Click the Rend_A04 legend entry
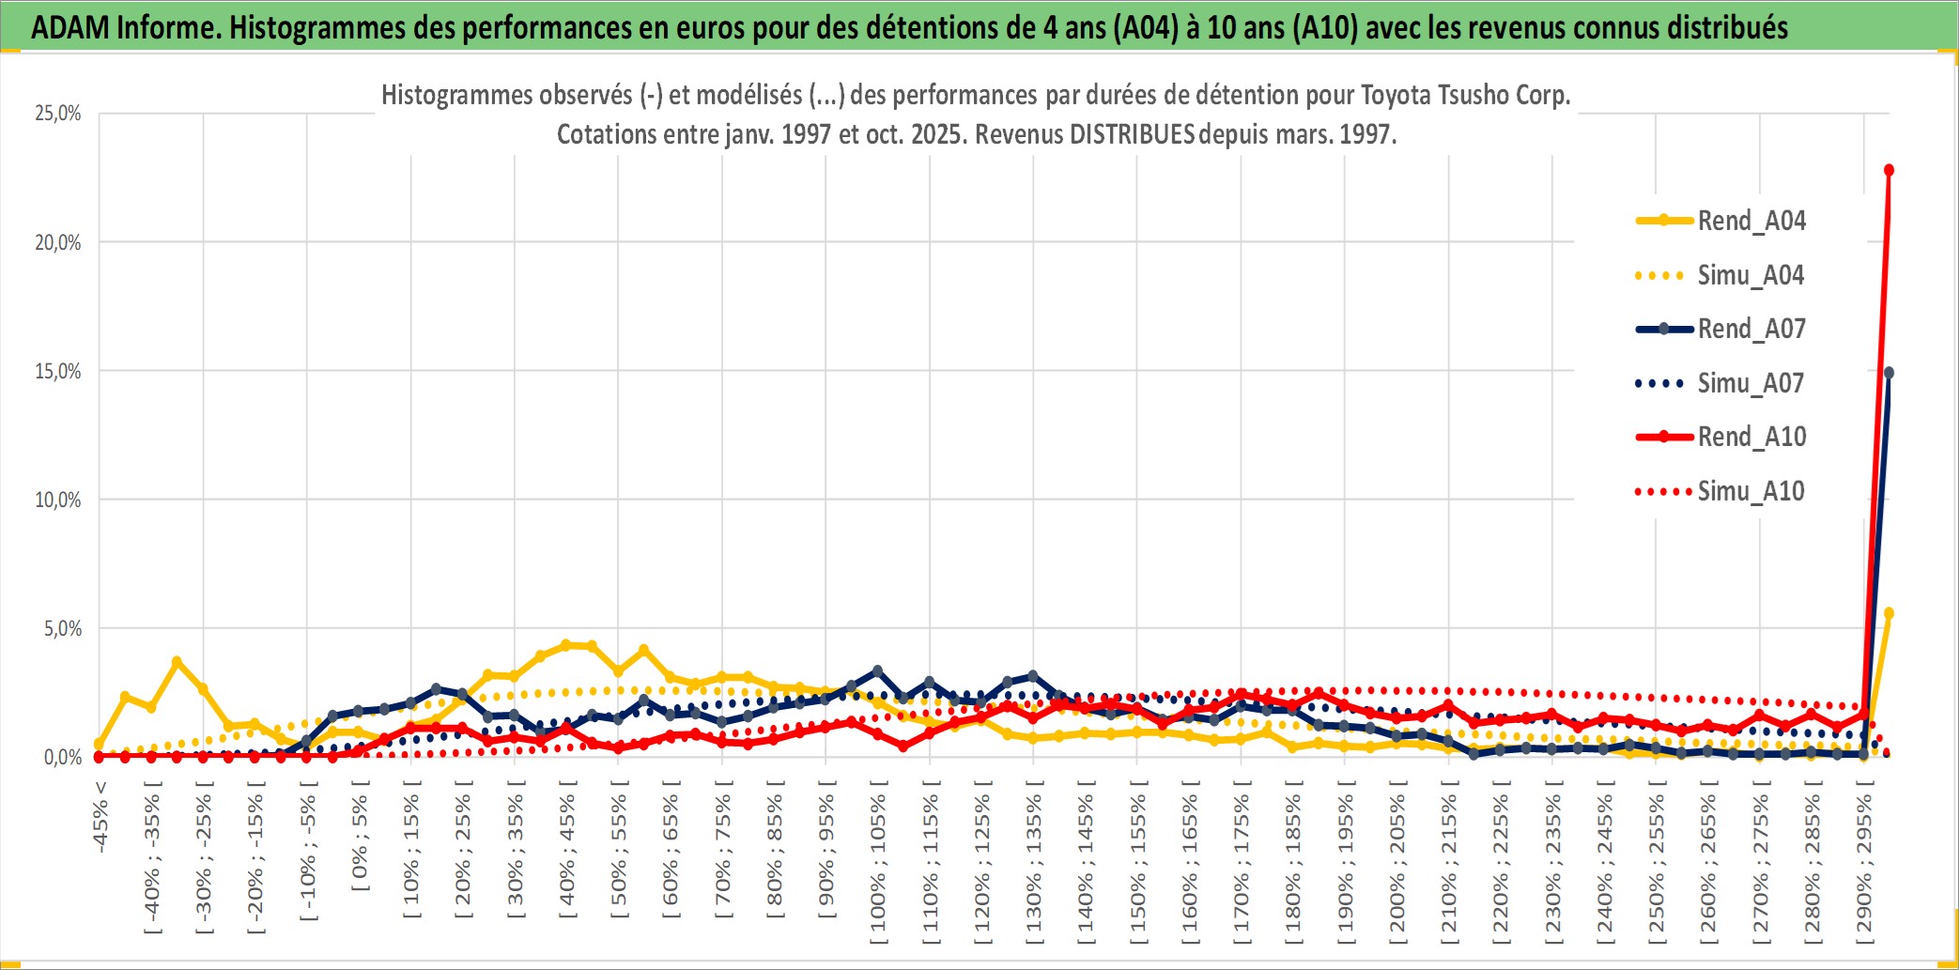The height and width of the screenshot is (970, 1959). [1751, 221]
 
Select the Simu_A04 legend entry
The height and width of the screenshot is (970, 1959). [1751, 275]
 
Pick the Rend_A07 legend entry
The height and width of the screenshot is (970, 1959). [1751, 329]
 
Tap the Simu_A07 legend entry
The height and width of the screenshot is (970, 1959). [1751, 383]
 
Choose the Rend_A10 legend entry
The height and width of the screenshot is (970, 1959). [1751, 437]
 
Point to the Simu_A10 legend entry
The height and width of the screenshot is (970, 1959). [1751, 491]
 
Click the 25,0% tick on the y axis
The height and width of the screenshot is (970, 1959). [58, 114]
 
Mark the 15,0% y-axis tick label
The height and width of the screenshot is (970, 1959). [58, 371]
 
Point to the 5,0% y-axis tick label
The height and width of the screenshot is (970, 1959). [62, 628]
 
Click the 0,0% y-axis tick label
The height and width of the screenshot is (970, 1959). [62, 757]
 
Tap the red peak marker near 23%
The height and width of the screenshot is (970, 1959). [1889, 170]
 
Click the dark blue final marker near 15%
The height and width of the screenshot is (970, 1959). [1889, 373]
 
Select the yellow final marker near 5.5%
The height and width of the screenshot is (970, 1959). [1889, 613]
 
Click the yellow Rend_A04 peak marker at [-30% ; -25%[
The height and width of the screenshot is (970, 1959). [177, 662]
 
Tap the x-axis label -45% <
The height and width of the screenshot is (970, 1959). [100, 817]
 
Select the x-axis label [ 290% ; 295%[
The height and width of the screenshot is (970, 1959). [1864, 869]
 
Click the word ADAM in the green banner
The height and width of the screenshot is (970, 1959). [70, 27]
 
